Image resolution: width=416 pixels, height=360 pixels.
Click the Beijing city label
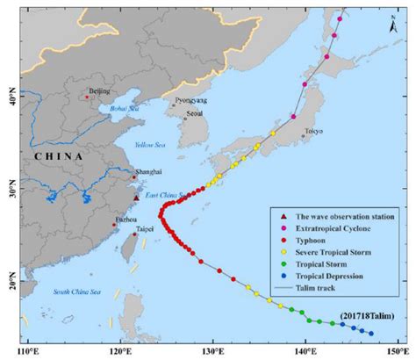coord(101,90)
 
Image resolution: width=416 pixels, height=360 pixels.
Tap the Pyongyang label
coord(191,100)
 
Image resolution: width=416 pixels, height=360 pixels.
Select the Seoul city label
coord(195,113)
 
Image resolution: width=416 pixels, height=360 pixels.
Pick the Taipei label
coord(144,228)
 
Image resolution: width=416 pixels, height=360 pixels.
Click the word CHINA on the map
coord(54,155)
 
